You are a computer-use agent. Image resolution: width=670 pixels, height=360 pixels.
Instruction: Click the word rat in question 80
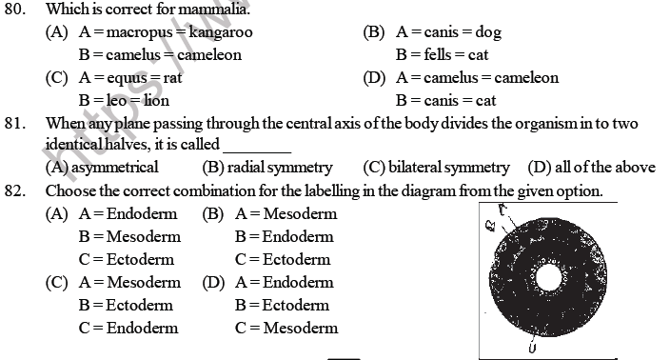171,78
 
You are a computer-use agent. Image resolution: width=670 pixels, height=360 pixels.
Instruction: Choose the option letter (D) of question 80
377,78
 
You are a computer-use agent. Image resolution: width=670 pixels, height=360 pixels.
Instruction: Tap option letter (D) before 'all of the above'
541,168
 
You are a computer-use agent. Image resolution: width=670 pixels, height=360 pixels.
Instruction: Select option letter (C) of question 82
57,282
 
